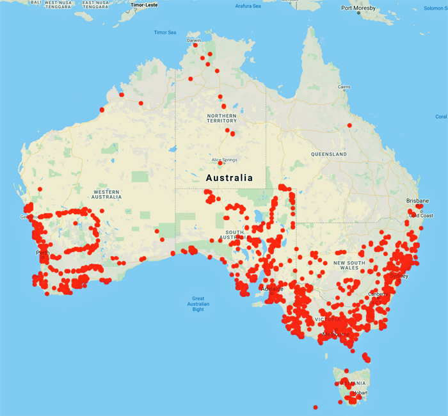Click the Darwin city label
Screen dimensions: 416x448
(193, 40)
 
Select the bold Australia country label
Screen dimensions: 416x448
(228, 178)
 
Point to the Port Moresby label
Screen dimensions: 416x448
(359, 9)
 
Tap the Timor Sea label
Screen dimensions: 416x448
(164, 33)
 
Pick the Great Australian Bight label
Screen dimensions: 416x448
(207, 304)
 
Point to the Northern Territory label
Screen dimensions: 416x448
(221, 119)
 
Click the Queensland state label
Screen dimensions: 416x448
(329, 154)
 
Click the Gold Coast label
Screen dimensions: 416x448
(422, 216)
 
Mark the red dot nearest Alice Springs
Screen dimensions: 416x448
(220, 163)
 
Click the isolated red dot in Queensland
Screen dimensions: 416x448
(349, 125)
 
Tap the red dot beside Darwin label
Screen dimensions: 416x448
(195, 45)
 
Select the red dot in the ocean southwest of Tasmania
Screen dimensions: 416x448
(315, 407)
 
